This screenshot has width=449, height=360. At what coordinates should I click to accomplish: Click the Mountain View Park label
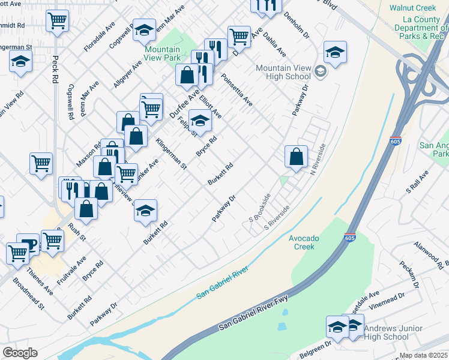coord(162,54)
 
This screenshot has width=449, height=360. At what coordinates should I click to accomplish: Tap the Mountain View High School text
coord(283,73)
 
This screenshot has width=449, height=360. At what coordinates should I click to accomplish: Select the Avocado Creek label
coord(304,242)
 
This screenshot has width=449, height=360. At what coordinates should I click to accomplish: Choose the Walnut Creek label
coord(412,8)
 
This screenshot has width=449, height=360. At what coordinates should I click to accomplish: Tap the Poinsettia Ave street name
coord(237,90)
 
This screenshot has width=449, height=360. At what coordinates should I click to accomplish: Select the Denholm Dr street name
coord(296,25)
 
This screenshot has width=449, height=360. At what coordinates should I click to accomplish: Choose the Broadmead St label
coord(28,293)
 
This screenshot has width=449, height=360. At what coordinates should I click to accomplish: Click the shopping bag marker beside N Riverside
coord(296,158)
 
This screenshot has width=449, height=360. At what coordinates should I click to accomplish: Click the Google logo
coord(20,353)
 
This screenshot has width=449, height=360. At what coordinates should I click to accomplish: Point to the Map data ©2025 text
coord(423,355)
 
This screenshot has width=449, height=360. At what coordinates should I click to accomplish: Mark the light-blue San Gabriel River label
coord(223,285)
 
